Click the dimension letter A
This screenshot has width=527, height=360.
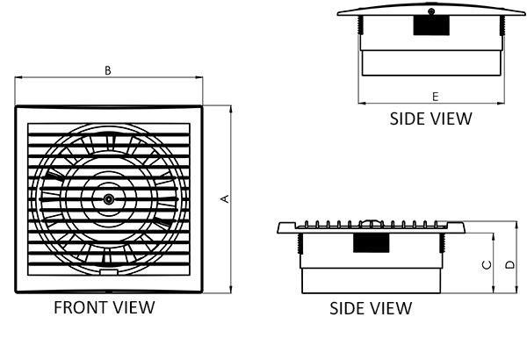225,198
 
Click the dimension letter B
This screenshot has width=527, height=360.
108,70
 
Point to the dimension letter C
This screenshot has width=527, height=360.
487,265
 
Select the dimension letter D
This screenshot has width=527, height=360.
509,265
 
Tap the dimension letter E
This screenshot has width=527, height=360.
436,97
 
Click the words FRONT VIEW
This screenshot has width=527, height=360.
105,307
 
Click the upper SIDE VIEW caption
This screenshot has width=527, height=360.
431,119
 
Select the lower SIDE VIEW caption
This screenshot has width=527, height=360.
371,308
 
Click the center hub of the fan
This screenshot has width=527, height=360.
108,199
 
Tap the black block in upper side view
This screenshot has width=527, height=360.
431,25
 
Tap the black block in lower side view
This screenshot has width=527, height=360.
371,243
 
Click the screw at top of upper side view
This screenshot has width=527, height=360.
431,11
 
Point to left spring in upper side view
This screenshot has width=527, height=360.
361,25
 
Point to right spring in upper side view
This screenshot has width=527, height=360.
502,25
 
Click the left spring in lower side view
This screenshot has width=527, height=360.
300,243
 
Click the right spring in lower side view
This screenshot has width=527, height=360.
443,243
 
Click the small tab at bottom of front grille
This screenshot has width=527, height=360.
109,272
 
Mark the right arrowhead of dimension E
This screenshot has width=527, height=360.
502,104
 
